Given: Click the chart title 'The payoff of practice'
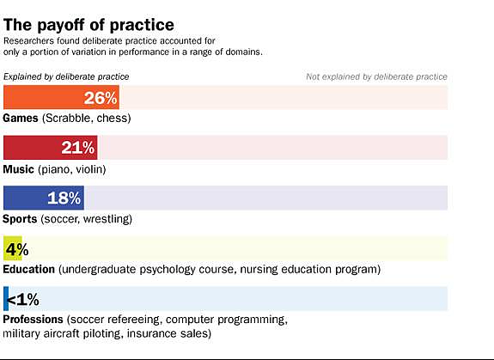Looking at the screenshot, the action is (88, 25).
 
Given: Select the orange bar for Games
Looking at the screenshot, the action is (61, 97).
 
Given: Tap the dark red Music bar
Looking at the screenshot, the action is (51, 148).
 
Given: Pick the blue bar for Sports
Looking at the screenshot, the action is (44, 198).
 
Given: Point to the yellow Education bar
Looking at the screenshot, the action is (13, 248).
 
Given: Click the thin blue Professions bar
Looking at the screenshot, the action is (6, 299).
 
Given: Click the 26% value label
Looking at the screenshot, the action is (101, 98).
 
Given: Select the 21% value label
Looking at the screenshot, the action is (78, 148).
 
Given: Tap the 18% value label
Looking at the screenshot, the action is (64, 198).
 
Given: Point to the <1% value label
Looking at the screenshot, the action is (22, 299).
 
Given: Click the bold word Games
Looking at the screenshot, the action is (21, 118).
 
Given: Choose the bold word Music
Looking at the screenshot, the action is (18, 169).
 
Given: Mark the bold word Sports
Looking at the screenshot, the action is (20, 219).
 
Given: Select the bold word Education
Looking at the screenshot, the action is (29, 269).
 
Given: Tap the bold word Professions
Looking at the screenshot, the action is (34, 320).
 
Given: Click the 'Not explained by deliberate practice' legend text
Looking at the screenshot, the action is (376, 76).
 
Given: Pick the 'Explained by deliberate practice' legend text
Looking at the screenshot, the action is (66, 76).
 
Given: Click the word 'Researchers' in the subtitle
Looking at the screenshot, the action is (28, 41).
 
